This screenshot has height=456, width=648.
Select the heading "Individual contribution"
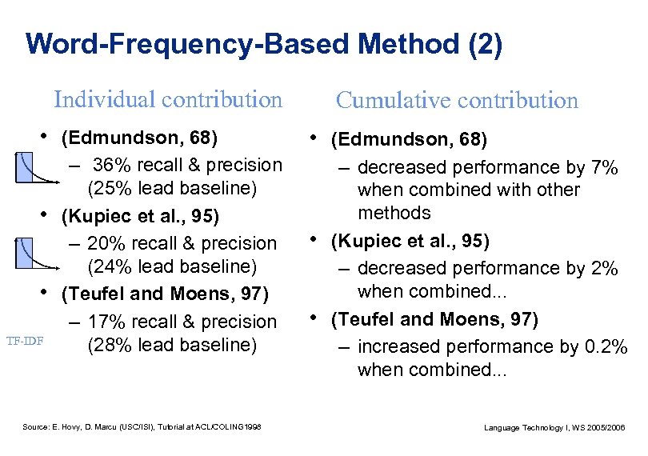168,99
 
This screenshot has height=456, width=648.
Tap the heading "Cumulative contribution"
457,100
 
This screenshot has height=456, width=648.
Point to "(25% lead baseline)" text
171,189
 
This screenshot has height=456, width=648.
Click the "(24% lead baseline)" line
171,266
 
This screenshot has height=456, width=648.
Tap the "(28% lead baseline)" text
171,345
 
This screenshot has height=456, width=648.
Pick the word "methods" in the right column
394,213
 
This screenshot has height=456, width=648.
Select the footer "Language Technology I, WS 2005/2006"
554,429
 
